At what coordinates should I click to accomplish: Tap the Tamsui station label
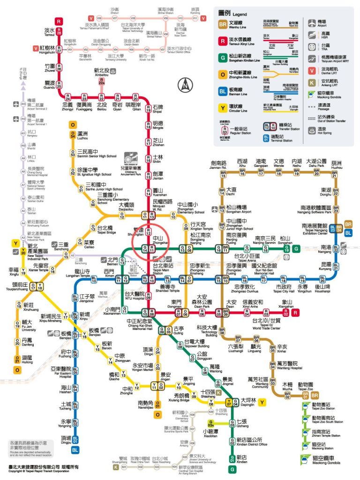49,32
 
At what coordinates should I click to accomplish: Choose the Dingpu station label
66,439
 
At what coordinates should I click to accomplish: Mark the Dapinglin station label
248,402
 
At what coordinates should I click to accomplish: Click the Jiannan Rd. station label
218,165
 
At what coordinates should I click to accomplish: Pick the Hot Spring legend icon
312,129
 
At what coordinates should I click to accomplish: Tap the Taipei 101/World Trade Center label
266,323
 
